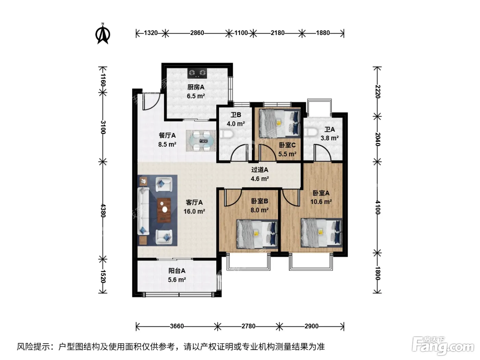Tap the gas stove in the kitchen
click(x=197, y=73)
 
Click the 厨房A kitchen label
click(x=196, y=87)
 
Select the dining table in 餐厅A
click(x=201, y=141)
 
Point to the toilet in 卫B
click(x=226, y=134)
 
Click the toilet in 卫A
click(x=311, y=132)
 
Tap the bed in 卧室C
click(x=279, y=123)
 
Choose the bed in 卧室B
click(x=257, y=234)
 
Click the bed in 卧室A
click(x=322, y=232)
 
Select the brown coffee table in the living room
click(x=164, y=210)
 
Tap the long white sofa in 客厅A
click(x=143, y=211)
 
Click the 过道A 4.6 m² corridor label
click(x=260, y=174)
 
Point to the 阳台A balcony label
click(x=177, y=271)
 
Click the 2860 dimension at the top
click(x=197, y=33)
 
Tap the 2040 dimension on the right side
click(x=378, y=139)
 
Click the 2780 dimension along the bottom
click(x=249, y=326)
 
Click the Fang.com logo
click(x=443, y=346)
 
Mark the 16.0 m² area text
click(x=194, y=211)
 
